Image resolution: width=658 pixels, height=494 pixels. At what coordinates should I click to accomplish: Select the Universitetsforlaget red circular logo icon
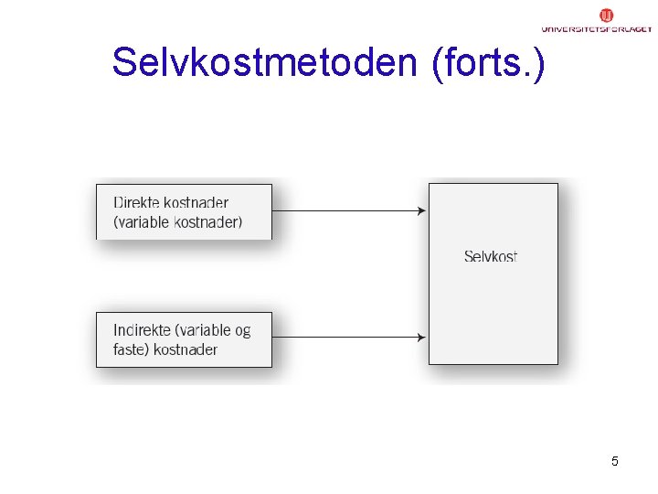[x=606, y=15]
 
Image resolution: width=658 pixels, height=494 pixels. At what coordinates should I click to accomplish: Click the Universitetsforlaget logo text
[x=596, y=29]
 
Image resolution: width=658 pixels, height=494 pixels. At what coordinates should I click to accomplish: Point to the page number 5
[x=615, y=461]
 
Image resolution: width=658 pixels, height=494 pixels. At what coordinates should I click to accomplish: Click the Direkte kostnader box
[x=184, y=211]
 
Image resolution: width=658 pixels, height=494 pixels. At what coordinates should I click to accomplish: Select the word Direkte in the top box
[x=140, y=203]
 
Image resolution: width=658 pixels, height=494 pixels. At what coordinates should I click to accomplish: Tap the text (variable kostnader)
[x=178, y=221]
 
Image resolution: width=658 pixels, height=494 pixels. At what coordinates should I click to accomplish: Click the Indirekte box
[x=184, y=339]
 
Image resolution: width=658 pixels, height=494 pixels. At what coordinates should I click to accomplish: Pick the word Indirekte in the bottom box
[x=143, y=330]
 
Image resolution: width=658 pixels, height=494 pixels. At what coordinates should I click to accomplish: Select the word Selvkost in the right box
[x=491, y=256]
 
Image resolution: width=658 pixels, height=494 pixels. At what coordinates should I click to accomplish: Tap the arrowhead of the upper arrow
[x=422, y=210]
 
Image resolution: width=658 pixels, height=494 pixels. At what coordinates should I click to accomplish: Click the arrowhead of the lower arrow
[x=422, y=338]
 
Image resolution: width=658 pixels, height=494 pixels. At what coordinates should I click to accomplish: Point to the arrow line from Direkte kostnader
[x=347, y=210]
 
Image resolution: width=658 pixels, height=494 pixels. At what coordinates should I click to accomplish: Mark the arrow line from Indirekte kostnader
[x=347, y=338]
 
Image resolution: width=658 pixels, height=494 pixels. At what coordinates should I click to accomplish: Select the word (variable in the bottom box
[x=203, y=330]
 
